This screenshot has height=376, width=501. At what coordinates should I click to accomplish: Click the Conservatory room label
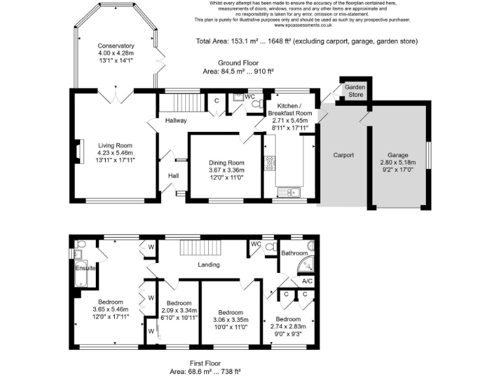coord(116,46)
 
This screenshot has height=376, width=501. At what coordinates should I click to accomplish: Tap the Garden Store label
coord(355,90)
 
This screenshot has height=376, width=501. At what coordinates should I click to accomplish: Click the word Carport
coord(343,155)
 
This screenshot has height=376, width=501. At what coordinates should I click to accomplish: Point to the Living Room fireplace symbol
coord(79,151)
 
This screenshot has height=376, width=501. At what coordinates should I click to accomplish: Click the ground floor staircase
coord(185,103)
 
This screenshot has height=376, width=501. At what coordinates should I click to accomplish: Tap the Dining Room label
coord(226,163)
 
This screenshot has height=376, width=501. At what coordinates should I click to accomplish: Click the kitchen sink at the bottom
coord(288,191)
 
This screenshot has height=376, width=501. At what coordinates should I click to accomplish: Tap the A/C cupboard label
coord(307,281)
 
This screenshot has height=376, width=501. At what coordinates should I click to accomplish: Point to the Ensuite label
coord(85,268)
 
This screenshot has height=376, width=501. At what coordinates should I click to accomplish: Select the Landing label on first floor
coord(209,264)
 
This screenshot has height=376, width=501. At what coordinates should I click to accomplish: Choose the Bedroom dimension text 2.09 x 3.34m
coord(179,311)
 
